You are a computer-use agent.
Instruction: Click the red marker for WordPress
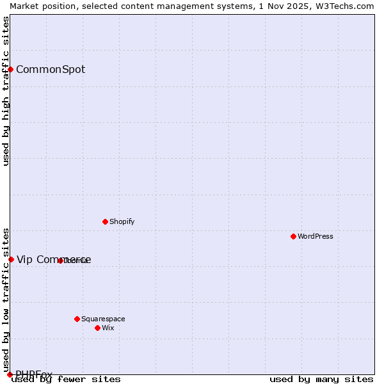293,236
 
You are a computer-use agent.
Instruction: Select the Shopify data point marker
105,221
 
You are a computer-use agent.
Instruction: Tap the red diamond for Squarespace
77,319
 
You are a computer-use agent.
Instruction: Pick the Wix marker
97,328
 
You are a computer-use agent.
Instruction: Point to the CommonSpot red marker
11,69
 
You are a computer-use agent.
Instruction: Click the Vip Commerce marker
11,259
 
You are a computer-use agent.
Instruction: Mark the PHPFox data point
10,374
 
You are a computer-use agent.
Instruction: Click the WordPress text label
316,236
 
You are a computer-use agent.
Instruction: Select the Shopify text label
122,221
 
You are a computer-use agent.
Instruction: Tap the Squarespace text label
103,319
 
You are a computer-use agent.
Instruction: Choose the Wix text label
108,328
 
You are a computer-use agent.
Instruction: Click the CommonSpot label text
51,69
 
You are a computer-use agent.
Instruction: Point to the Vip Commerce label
54,259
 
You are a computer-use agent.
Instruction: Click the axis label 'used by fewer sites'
66,379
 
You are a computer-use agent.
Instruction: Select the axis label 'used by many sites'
321,379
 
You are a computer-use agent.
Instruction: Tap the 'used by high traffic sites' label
6,91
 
